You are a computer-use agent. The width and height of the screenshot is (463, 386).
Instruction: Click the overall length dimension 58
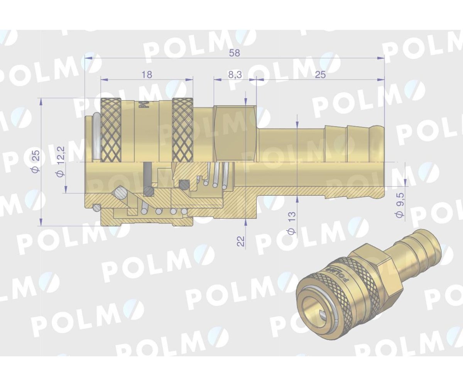coord(234,53)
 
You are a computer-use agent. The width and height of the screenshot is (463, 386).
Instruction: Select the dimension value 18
coord(147,75)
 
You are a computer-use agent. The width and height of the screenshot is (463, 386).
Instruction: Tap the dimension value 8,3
coord(235,75)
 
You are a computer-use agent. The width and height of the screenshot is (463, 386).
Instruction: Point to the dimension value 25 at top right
coord(320,75)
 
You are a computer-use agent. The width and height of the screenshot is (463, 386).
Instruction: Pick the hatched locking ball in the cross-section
coord(120,193)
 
